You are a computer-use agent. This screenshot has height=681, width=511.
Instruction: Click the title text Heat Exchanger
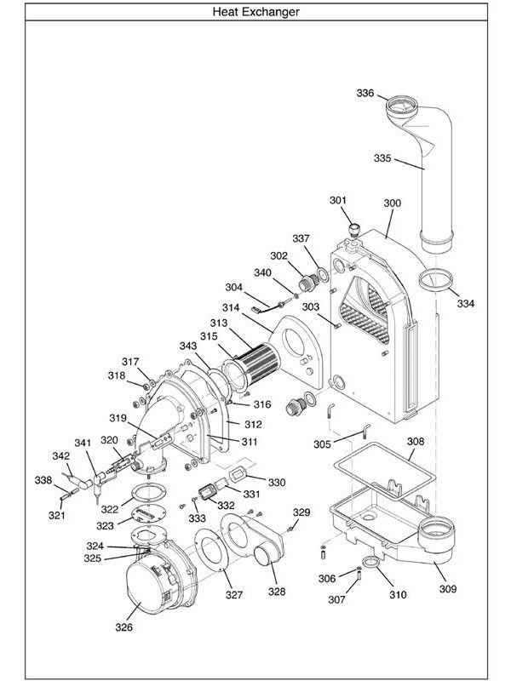pyautogui.click(x=255, y=13)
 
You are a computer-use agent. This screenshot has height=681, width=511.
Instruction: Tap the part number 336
pyautogui.click(x=365, y=94)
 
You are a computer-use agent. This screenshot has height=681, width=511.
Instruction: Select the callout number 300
pyautogui.click(x=392, y=203)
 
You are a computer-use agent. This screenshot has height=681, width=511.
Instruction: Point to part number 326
pyautogui.click(x=124, y=627)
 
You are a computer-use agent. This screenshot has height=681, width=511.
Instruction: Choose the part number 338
pyautogui.click(x=43, y=480)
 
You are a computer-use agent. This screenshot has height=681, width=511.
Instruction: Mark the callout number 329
pyautogui.click(x=301, y=512)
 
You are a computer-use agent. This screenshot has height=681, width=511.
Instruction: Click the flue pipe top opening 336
pyautogui.click(x=404, y=108)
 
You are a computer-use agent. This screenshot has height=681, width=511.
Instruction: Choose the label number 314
pyautogui.click(x=231, y=307)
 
